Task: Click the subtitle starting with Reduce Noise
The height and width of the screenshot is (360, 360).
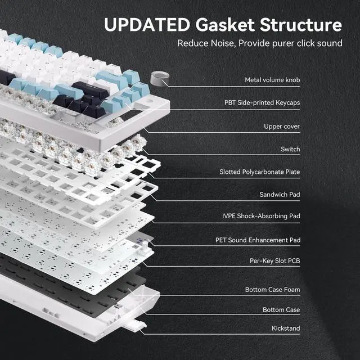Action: (259, 43)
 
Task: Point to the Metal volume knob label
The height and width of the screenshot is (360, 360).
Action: (272, 80)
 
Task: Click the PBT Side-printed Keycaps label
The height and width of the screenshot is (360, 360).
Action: (262, 103)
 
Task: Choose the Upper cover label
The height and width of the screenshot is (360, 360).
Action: (282, 127)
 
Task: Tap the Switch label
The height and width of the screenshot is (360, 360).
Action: (290, 149)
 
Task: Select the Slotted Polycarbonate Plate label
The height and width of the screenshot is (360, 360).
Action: (260, 172)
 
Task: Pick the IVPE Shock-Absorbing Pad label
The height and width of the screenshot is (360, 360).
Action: (261, 216)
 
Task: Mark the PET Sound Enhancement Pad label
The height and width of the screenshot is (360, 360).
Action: (258, 240)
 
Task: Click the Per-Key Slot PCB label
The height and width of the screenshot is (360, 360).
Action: (271, 262)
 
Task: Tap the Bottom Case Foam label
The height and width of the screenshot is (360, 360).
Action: (272, 290)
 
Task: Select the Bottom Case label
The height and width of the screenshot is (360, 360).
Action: (281, 310)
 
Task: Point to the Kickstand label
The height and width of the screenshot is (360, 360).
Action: (285, 328)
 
